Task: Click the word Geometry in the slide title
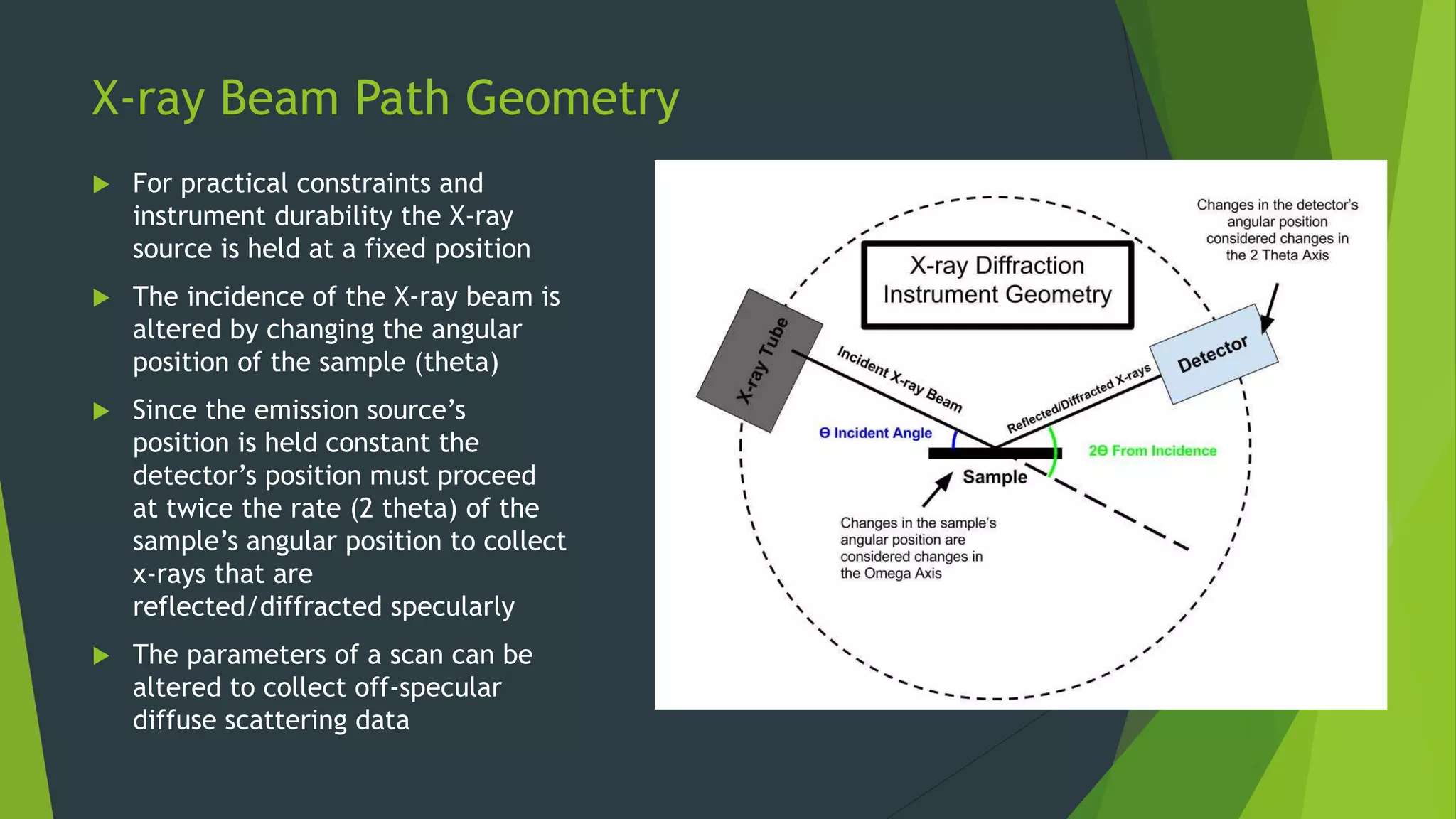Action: [x=572, y=98]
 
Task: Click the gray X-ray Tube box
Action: [x=759, y=360]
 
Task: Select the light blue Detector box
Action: [x=1214, y=354]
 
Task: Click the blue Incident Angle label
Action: [x=875, y=433]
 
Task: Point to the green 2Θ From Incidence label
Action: [x=1152, y=451]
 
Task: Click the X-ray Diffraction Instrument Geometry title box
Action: [x=997, y=284]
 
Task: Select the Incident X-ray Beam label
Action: [x=899, y=379]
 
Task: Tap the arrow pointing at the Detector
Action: [x=1270, y=307]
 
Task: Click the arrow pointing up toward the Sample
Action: [x=938, y=489]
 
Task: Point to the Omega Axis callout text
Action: [x=917, y=548]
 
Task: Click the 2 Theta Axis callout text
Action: [x=1277, y=230]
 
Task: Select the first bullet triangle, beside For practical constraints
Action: [x=102, y=185]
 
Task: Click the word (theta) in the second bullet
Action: [x=457, y=363]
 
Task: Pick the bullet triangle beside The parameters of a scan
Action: [x=102, y=655]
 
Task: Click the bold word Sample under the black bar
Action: [x=995, y=477]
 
